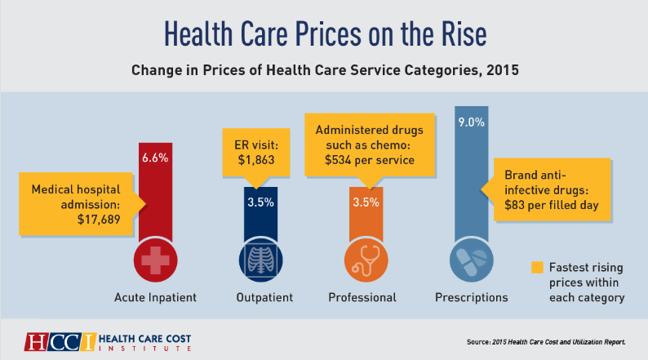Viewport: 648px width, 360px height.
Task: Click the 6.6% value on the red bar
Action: click(155, 158)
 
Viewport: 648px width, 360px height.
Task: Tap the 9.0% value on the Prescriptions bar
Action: click(471, 122)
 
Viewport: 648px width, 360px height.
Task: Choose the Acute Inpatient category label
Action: click(155, 297)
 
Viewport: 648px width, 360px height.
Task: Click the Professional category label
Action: click(362, 297)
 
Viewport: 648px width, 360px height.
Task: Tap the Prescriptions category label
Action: click(471, 297)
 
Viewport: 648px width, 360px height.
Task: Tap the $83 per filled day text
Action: click(548, 205)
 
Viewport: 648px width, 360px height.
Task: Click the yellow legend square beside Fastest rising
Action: click(536, 267)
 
